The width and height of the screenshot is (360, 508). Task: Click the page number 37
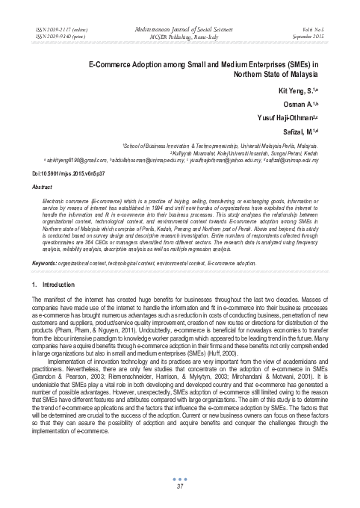[179, 487]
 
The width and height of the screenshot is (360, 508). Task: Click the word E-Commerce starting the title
[110, 64]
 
